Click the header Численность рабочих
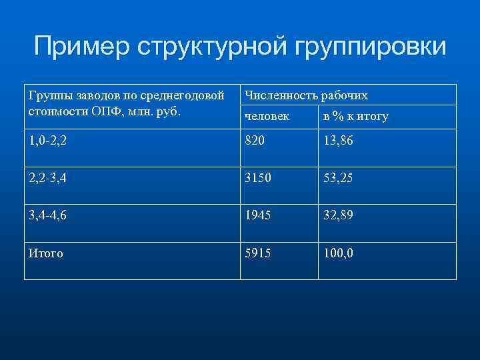(x=306, y=95)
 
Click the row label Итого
(x=46, y=253)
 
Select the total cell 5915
(x=259, y=253)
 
